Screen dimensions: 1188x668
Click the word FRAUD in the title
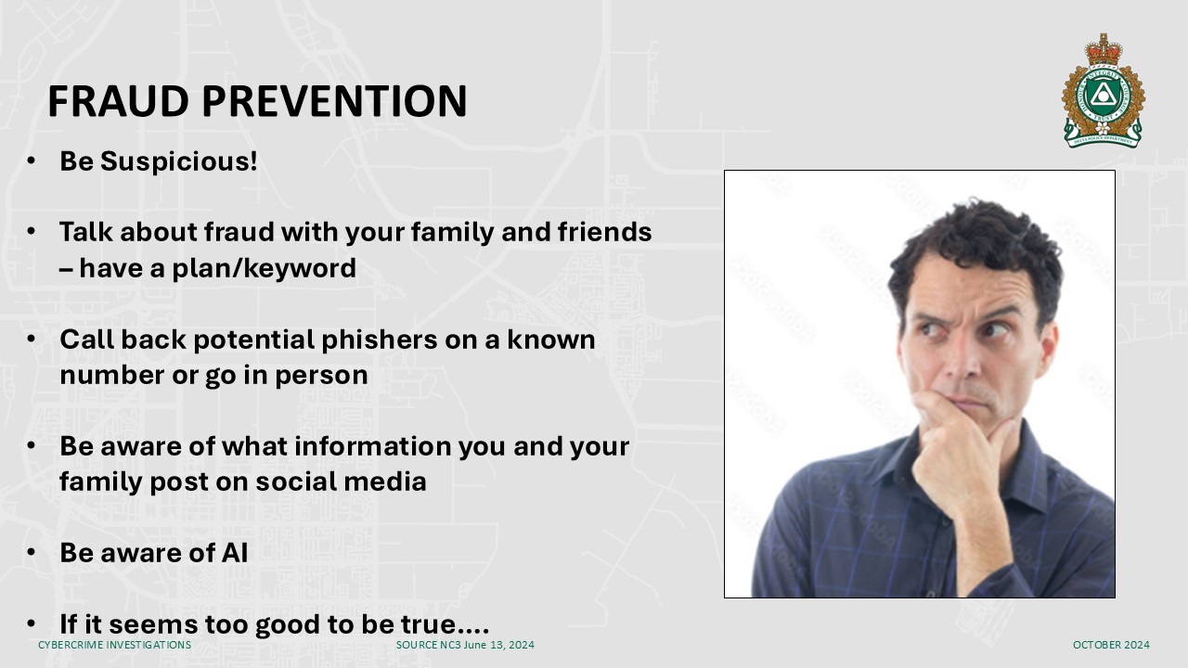coord(118,101)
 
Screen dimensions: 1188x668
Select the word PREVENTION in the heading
coord(334,101)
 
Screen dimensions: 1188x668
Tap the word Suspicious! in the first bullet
coord(179,161)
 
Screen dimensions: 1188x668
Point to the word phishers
coord(380,340)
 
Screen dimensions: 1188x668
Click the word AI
coord(234,552)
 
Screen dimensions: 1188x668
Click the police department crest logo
coord(1103,91)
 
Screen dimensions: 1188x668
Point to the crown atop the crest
coord(1104,50)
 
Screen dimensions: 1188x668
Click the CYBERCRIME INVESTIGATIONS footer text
coord(114,645)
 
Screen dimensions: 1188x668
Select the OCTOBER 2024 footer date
coord(1111,645)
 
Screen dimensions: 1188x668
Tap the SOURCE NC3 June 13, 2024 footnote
coord(465,645)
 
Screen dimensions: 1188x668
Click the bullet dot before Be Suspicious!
coord(31,161)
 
